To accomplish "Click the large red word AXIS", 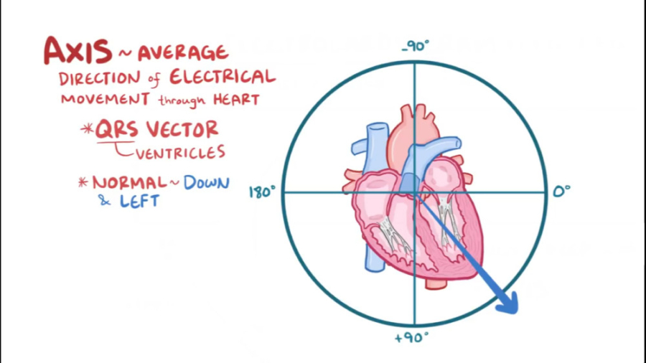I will coord(78,52).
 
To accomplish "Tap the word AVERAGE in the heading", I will coord(182,52).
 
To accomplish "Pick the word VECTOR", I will coord(182,130).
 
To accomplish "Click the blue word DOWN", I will coord(206,183).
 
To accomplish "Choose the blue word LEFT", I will coord(139,202).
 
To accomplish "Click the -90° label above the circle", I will coord(416,46).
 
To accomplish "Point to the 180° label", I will coord(262,192).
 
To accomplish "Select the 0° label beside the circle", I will coord(561,192).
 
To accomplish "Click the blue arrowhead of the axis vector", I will coord(507,302).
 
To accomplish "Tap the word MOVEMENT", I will coord(106,99).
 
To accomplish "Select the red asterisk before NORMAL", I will coord(83,182).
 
